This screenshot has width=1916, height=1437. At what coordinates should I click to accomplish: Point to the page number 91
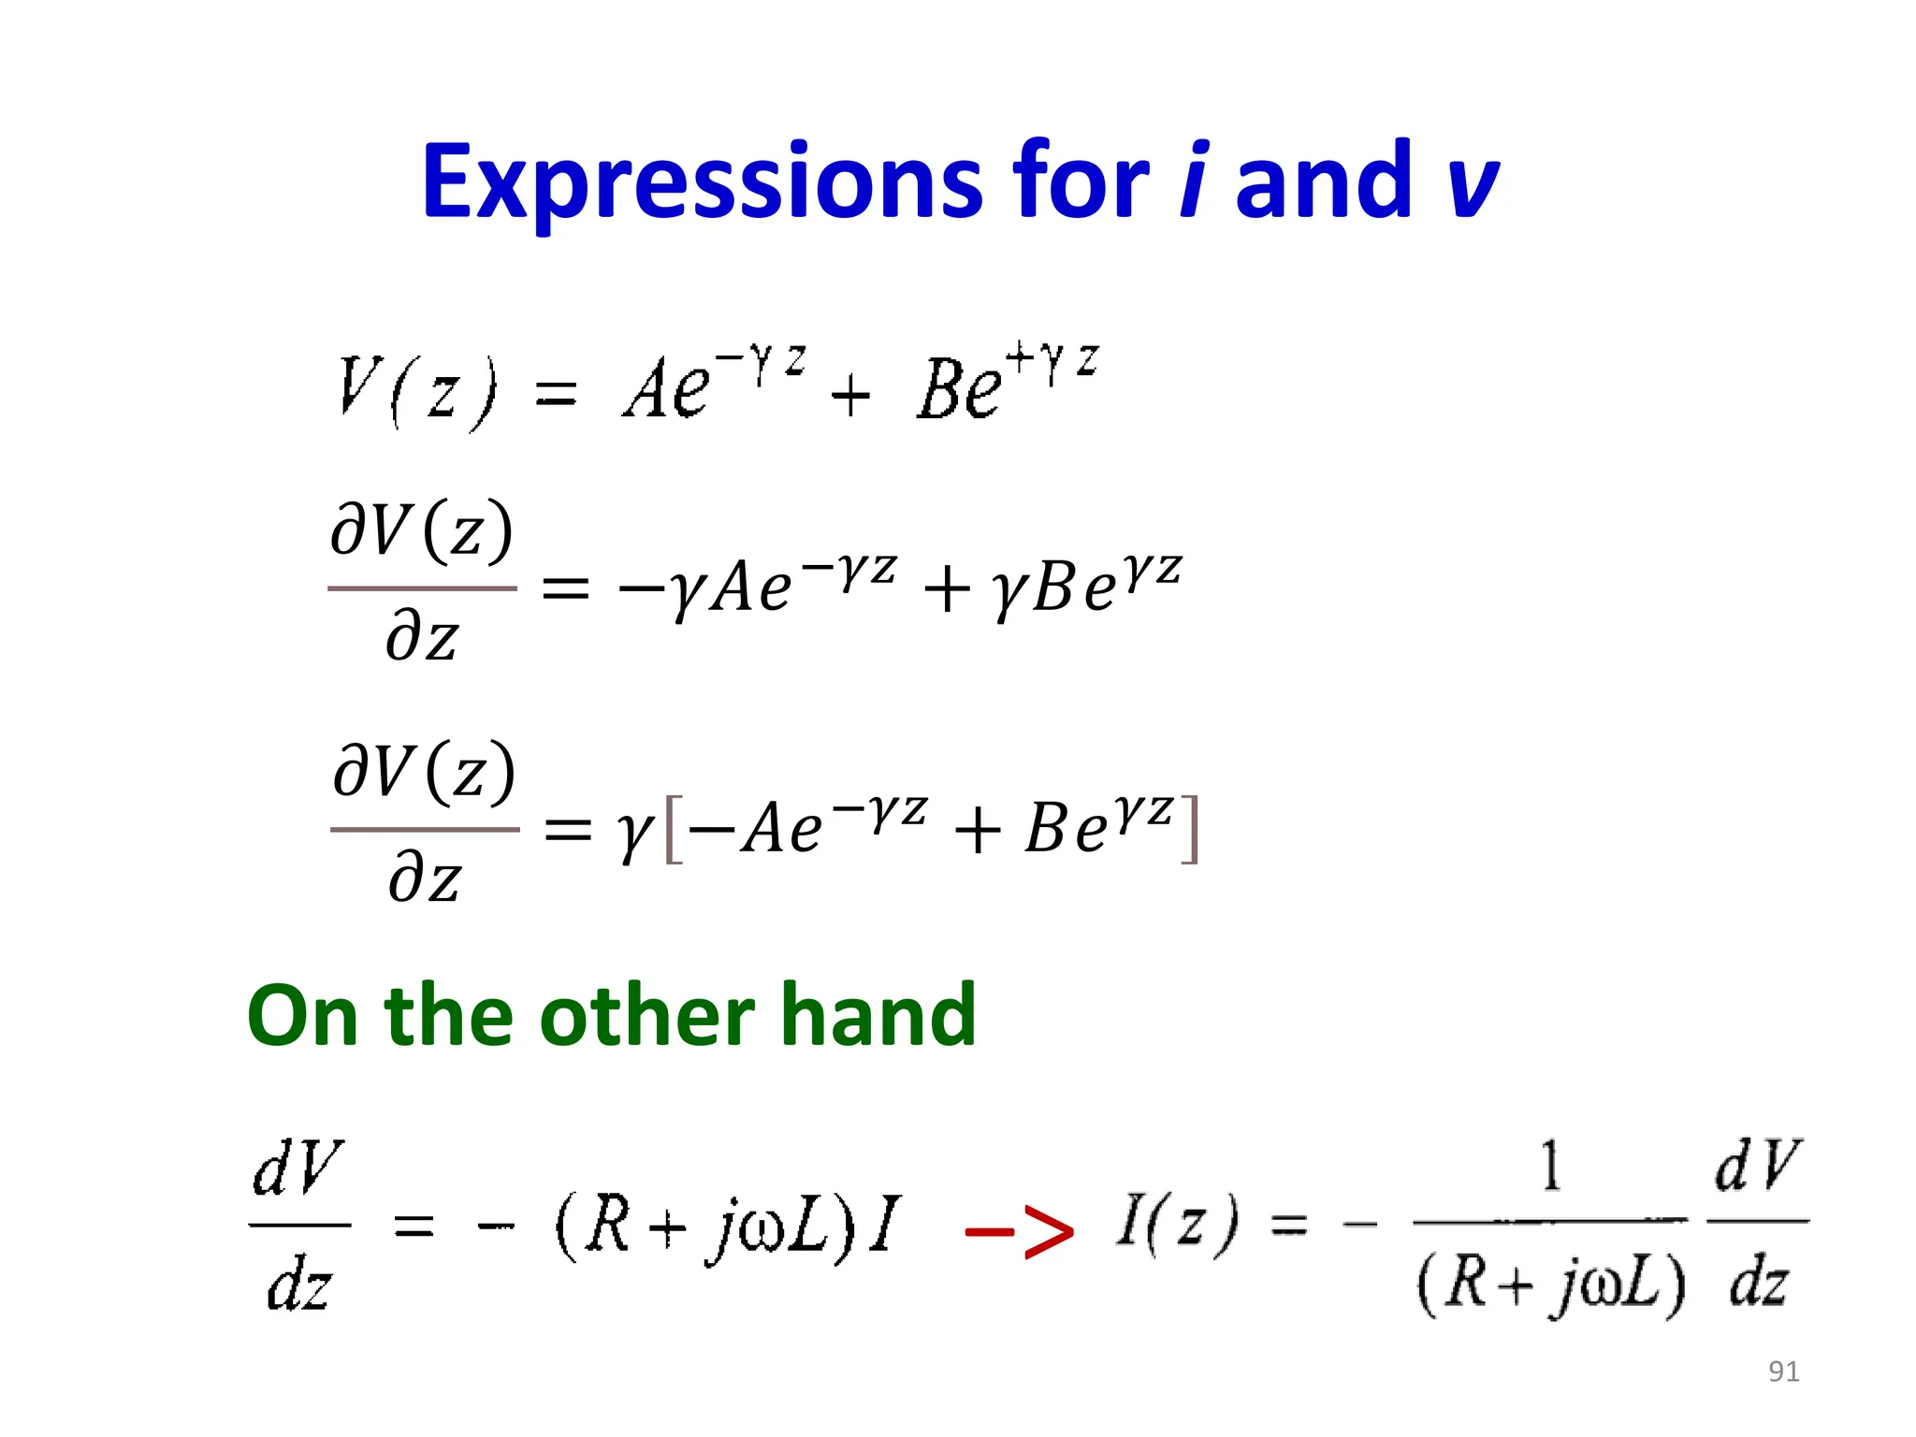tap(1783, 1372)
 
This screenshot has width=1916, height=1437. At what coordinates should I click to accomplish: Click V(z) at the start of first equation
tap(416, 390)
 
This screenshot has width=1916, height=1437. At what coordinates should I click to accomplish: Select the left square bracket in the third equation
tap(673, 829)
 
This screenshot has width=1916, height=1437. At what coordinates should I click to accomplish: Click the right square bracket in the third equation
tap(1189, 829)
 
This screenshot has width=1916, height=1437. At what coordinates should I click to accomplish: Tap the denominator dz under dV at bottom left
tap(298, 1285)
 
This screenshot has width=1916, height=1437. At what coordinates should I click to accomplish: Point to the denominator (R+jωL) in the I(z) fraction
tap(1551, 1284)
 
